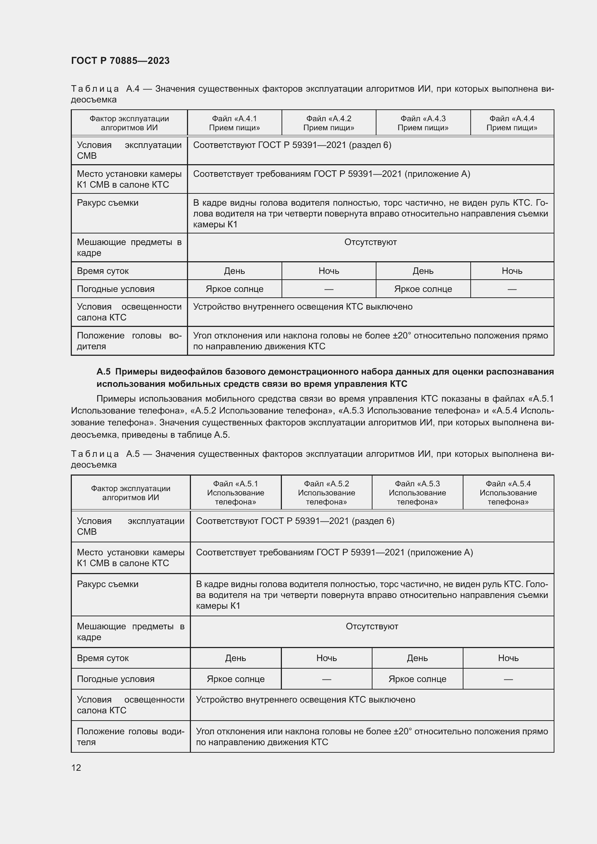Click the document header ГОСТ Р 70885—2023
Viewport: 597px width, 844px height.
120,61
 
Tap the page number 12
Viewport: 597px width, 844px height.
76,768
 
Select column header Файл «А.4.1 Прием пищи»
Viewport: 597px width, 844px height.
234,123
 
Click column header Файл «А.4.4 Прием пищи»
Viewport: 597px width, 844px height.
512,123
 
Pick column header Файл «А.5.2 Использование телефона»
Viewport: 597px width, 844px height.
326,493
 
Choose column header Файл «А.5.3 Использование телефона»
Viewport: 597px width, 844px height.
417,493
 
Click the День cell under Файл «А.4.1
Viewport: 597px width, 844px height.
234,271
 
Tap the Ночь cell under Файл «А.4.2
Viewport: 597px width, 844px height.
329,271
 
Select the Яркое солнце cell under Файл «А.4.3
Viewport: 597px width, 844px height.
423,289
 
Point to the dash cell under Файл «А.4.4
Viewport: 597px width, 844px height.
512,289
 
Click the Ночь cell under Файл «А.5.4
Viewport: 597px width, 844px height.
508,658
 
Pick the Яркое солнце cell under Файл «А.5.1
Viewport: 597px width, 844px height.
236,679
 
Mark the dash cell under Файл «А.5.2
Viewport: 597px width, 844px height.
326,679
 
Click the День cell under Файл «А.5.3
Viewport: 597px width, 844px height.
417,658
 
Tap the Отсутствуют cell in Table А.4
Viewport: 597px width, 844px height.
370,242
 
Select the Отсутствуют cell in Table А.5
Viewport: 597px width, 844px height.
372,626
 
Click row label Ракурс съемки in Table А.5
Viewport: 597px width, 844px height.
108,584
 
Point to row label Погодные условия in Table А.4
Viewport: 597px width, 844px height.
116,289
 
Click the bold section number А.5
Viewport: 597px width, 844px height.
103,372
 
